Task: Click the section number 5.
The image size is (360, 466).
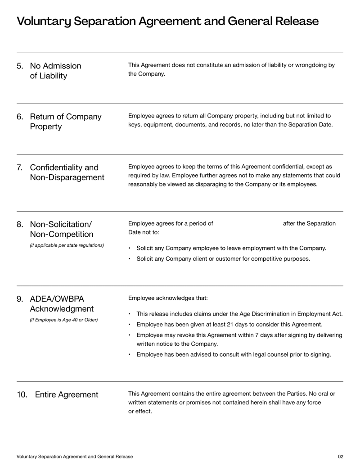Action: coord(20,66)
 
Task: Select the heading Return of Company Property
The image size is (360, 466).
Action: coord(66,122)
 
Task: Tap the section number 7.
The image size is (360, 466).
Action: coord(20,168)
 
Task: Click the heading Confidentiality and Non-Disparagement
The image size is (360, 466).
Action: coord(67,172)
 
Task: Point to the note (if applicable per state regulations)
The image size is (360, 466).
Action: coord(67,245)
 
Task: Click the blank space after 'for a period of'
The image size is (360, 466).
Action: coord(247,224)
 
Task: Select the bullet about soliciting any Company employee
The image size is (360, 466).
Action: coord(231,248)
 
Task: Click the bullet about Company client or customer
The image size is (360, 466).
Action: coord(223,259)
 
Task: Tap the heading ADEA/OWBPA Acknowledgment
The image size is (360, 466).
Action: coord(62,304)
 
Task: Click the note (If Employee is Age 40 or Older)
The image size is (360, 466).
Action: coord(63,320)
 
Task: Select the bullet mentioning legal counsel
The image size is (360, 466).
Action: coord(234,355)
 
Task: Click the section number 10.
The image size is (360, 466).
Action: coord(22,395)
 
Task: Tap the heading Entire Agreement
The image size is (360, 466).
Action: coord(67,395)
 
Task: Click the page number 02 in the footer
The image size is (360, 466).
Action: coord(340,457)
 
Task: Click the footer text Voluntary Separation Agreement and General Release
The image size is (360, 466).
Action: coord(75,457)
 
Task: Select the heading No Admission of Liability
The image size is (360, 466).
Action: coord(55,71)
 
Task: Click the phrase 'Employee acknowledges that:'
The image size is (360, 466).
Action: coord(168,298)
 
